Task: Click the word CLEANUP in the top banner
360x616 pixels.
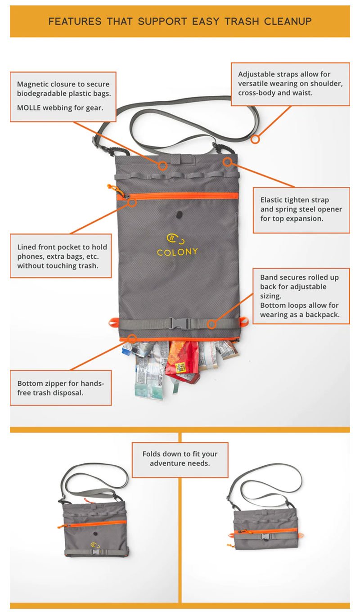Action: [x=288, y=22]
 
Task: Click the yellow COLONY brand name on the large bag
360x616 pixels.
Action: [x=177, y=252]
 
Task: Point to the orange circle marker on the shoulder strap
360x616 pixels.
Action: [x=255, y=139]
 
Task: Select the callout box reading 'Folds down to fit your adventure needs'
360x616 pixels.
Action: [x=180, y=459]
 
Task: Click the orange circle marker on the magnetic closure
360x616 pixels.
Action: [x=162, y=166]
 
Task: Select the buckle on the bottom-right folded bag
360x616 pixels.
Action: [x=266, y=536]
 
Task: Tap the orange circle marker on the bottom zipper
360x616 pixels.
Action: [x=132, y=338]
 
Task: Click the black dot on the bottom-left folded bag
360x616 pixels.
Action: [x=95, y=534]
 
